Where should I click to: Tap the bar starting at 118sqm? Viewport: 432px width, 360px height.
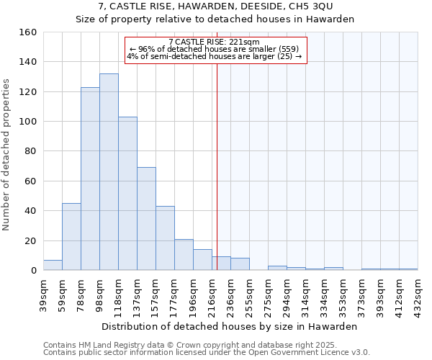[127, 194]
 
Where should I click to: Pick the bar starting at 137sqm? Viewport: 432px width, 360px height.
[146, 219]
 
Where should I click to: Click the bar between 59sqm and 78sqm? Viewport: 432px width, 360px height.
[71, 237]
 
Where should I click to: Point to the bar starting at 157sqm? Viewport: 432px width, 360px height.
[165, 238]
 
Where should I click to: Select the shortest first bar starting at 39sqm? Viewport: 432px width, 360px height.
[53, 265]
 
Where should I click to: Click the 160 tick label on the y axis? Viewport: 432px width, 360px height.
[28, 32]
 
